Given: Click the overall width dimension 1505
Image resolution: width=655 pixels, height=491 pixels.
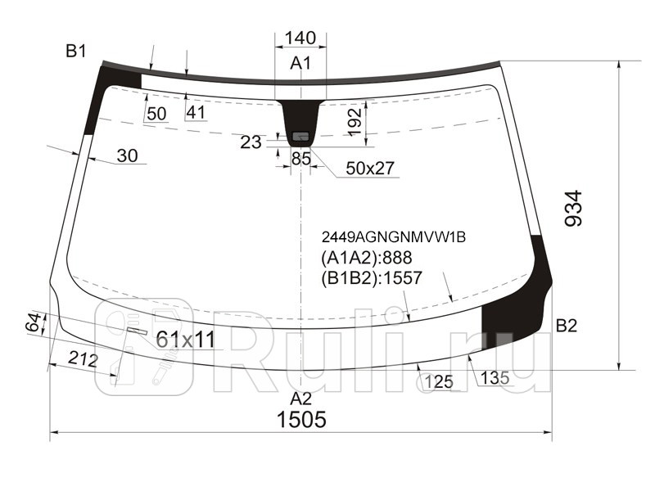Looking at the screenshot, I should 300,420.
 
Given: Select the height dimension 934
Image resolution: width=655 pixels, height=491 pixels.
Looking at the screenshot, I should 574,209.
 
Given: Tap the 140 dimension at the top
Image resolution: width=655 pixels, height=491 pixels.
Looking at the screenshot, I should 300,38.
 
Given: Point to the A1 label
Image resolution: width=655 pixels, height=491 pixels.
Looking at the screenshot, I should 300,64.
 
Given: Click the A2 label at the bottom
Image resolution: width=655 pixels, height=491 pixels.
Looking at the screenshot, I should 301,399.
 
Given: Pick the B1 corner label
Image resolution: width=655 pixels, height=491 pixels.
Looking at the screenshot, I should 76,52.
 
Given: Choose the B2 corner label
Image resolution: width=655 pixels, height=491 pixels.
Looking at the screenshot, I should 567,326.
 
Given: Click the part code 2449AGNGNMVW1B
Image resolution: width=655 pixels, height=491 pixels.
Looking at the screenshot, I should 393,237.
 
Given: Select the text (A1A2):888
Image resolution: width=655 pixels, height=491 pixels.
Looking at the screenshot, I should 366,258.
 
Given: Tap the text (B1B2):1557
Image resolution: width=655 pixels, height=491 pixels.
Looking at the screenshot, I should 372,278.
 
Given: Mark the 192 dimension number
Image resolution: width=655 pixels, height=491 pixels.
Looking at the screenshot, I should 354,122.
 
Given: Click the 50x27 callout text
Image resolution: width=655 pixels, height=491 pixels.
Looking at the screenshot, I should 370,169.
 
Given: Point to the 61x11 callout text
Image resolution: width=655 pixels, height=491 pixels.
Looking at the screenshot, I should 185,339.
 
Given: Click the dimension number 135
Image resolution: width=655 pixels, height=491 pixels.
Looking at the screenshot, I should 495,377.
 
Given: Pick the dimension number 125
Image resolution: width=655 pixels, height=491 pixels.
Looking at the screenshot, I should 439,381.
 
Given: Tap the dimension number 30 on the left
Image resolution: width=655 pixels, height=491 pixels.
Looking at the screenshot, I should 127,155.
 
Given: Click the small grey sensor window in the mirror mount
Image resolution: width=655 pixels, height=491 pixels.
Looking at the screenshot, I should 300,135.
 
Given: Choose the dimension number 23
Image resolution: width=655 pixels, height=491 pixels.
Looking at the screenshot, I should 251,142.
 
